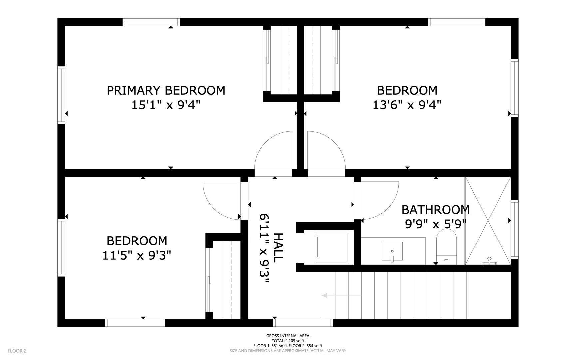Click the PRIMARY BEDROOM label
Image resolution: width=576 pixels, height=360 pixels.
[x=166, y=90]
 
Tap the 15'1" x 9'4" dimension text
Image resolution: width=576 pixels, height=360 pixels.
[x=166, y=105]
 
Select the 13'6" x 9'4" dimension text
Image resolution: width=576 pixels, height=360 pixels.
[x=407, y=105]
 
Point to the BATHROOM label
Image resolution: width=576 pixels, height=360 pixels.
[x=435, y=210]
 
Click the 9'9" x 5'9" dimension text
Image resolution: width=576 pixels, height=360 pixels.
[x=435, y=224]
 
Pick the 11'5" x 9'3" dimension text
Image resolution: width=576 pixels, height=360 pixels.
[x=137, y=256]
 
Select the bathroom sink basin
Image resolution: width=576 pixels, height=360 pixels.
[x=392, y=252]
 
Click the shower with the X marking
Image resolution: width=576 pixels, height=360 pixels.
[x=488, y=221]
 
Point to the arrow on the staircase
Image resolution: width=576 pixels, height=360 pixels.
[x=341, y=295]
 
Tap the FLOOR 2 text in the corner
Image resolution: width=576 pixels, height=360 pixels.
[x=17, y=351]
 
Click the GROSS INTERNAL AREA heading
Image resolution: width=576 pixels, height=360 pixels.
[x=288, y=336]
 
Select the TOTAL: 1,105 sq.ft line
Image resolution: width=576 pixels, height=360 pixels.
[x=288, y=341]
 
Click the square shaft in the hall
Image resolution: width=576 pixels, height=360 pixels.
[x=331, y=247]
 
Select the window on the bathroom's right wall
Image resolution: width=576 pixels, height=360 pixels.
[x=515, y=229]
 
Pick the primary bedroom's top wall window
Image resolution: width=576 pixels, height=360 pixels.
[x=151, y=22]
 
